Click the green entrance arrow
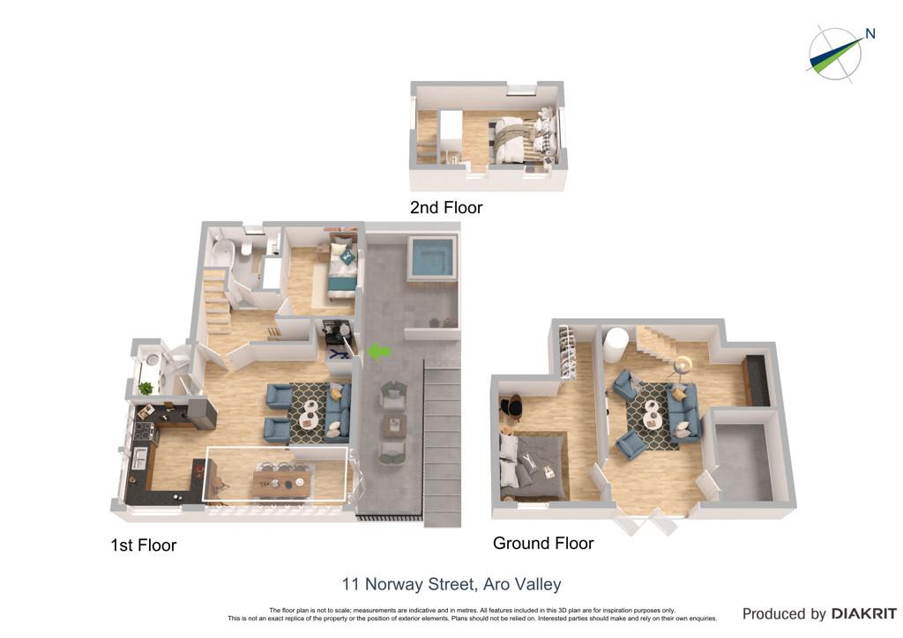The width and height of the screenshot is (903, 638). pos(379,351)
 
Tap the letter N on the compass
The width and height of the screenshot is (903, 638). pos(870,34)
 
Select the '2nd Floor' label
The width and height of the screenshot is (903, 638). pos(445,208)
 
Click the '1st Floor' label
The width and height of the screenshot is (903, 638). pos(144,545)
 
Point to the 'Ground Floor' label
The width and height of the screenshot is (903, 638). pos(543,543)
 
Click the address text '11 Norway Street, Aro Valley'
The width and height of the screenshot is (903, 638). pos(451,584)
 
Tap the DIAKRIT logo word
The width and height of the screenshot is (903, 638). pos(863,614)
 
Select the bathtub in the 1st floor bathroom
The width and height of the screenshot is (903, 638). pos(222,253)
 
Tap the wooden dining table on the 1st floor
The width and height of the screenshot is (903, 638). pos(282,482)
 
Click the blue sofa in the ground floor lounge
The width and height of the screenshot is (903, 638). pos(683,410)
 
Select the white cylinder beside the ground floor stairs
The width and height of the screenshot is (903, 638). pos(615,344)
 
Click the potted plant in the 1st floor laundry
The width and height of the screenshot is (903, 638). pos(146,388)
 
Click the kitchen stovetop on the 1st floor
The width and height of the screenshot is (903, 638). pos(144,430)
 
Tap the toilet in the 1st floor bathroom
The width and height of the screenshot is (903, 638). pos(247,248)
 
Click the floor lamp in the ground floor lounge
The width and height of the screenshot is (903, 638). pos(683,365)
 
